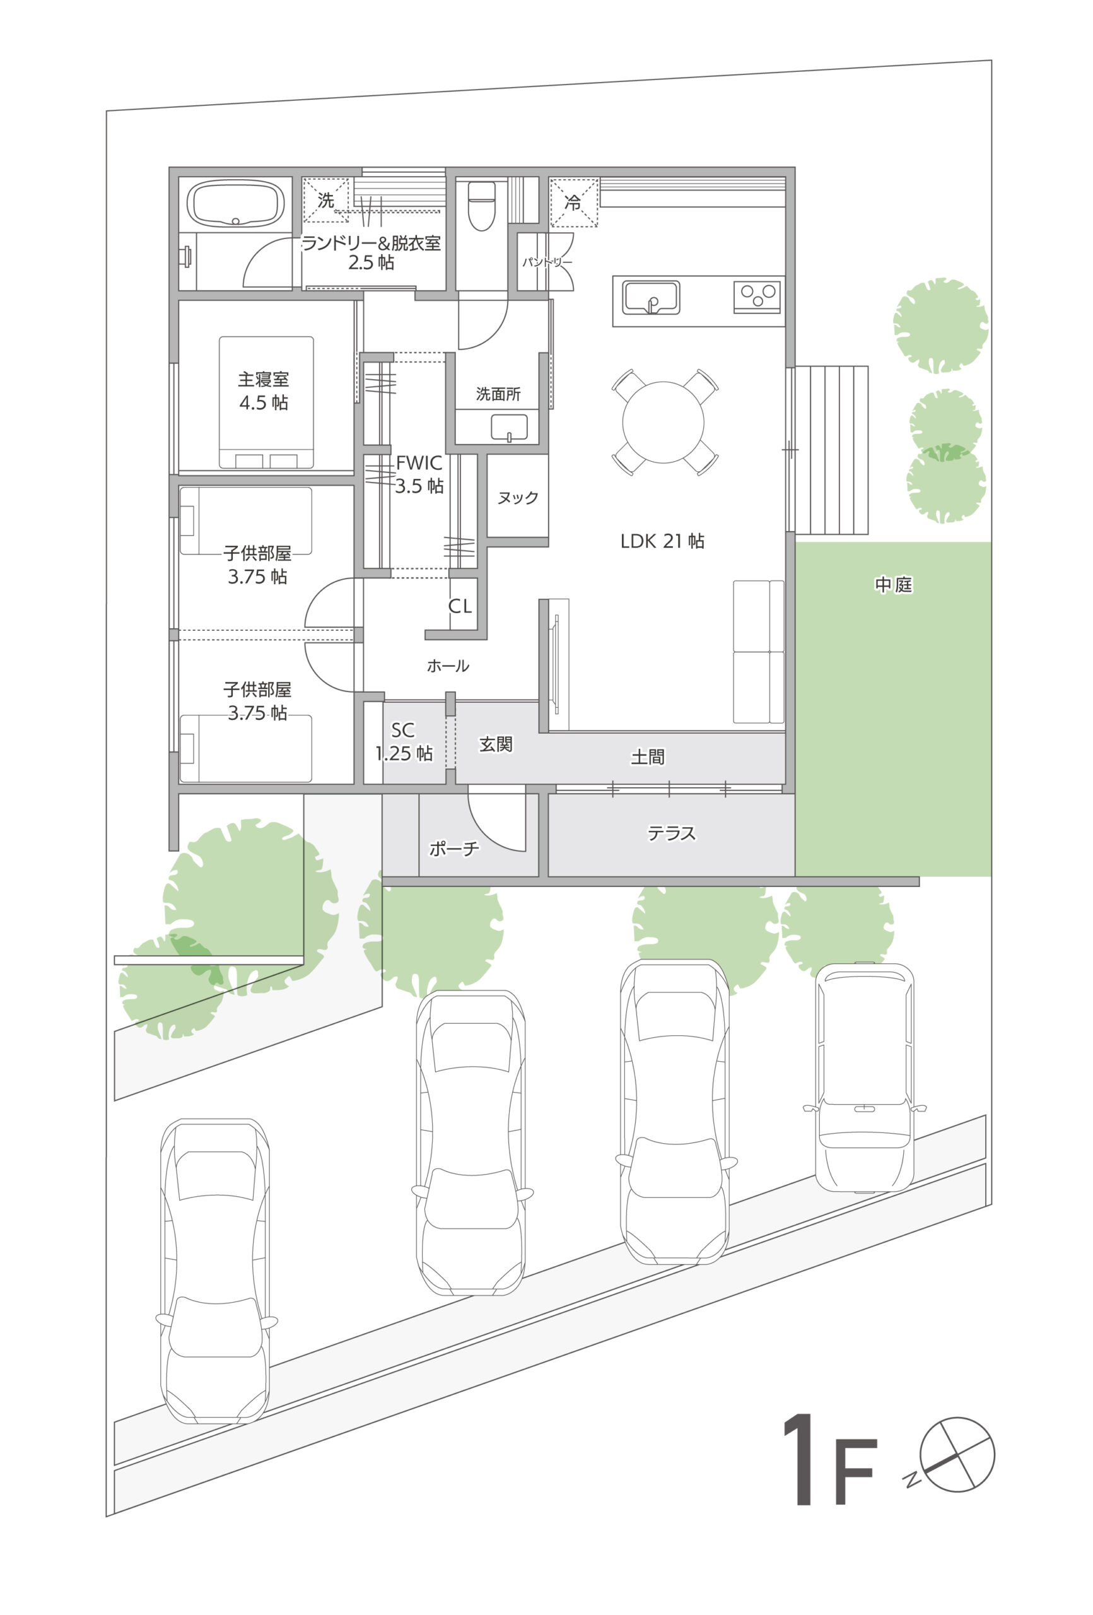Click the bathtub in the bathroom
237,203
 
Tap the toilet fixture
481,206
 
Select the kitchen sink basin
651,297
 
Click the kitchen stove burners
757,296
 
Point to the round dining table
663,422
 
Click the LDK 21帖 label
662,541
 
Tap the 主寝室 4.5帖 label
264,391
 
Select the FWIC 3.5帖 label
419,474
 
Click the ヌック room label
518,498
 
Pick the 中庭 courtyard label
894,585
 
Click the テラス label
671,833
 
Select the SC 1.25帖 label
404,741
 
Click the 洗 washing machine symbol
326,200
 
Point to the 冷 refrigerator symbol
573,203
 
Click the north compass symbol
957,1455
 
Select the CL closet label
460,606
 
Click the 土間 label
648,757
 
